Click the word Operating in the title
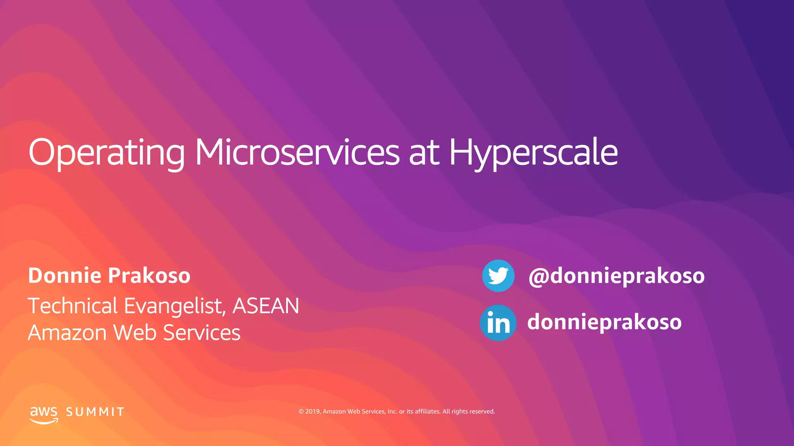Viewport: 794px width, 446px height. coord(107,153)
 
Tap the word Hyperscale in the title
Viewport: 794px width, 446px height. coord(533,153)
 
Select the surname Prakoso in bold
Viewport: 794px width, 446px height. coord(149,276)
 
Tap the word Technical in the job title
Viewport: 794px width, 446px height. coord(72,306)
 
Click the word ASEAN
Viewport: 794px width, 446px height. coord(266,306)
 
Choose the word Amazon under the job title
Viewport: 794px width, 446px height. coord(67,333)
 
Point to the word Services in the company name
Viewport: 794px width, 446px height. coord(202,333)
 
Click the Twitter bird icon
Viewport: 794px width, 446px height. coord(498,276)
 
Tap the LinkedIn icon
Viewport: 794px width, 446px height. coord(498,323)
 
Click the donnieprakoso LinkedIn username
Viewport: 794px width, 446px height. coord(604,322)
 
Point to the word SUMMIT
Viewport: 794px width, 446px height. coord(95,412)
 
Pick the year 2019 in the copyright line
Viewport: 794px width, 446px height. coord(312,412)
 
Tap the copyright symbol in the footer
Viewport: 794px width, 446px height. coord(301,412)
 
